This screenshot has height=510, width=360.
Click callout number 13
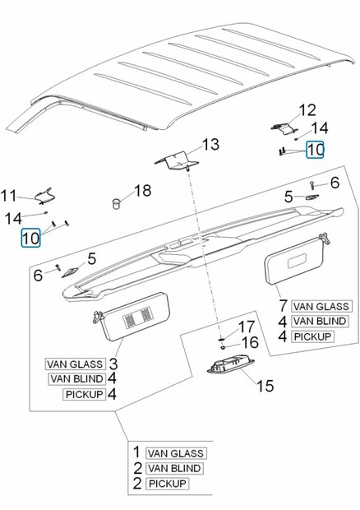tap(210, 145)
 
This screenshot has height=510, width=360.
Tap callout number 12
tap(307, 110)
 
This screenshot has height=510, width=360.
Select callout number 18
tap(143, 191)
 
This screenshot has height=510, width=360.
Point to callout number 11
tap(8, 196)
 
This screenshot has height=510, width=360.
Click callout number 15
tap(265, 386)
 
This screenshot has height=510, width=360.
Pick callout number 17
tap(247, 327)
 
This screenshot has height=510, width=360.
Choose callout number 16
tap(250, 342)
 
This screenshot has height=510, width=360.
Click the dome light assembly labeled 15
tap(231, 365)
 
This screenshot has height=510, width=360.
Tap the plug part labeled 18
tap(116, 203)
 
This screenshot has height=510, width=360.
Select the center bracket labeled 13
tap(177, 160)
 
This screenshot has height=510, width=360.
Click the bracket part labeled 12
tap(284, 128)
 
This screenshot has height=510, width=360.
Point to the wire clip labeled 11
tap(45, 196)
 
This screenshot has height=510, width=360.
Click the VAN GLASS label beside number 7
tap(321, 306)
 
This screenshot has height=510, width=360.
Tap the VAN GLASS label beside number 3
tap(75, 364)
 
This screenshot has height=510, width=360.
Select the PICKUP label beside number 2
tap(168, 484)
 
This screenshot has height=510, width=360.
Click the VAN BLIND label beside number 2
tap(174, 468)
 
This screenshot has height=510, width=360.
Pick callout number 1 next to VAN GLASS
tap(136, 452)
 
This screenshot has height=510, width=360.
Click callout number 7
tap(283, 305)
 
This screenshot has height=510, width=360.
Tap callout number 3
tap(113, 364)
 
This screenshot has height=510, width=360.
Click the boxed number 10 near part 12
tap(315, 150)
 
